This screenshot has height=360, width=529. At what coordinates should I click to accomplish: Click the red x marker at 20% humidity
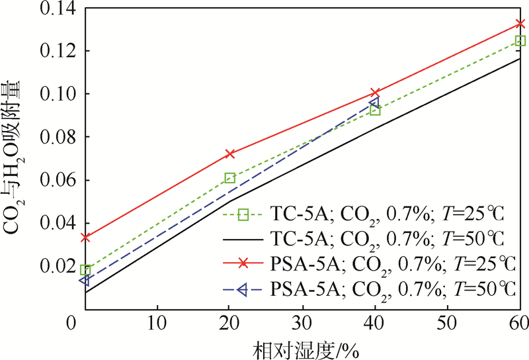tap(230, 154)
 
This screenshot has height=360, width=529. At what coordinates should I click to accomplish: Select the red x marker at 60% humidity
tap(520, 24)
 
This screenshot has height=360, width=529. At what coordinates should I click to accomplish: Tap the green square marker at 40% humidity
tap(375, 111)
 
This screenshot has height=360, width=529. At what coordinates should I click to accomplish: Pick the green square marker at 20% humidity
tap(230, 178)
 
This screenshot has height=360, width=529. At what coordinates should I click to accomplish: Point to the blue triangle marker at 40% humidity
tap(374, 103)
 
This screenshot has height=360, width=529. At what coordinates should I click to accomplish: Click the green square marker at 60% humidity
tap(520, 41)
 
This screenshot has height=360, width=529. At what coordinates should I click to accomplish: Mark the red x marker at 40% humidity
tap(375, 93)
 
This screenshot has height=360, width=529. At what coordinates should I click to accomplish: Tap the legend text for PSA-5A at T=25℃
tap(393, 263)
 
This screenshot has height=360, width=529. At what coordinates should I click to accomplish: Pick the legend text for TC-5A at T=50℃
tap(388, 238)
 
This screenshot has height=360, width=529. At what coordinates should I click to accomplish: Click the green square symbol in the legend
tap(243, 214)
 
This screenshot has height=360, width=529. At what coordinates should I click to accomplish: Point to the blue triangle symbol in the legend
tap(243, 289)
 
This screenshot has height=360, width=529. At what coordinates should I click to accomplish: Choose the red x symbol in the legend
tap(243, 263)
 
